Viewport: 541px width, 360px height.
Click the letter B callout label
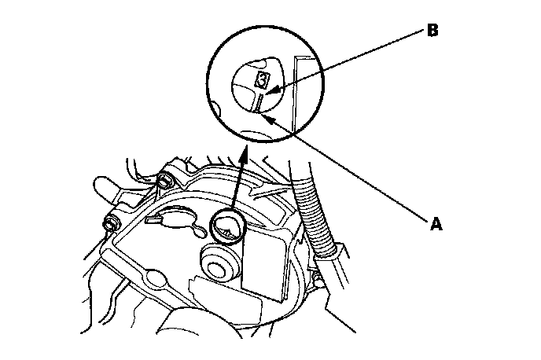click(x=432, y=32)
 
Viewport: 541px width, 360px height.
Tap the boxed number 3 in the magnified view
click(x=263, y=79)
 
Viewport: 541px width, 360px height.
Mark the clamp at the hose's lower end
click(x=329, y=253)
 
